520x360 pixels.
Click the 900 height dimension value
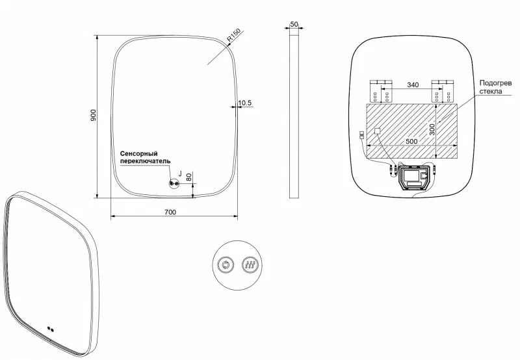[x=93, y=115]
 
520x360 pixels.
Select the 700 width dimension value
[x=170, y=212]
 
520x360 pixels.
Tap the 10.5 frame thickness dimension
[x=245, y=103]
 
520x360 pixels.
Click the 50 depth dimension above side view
[x=294, y=24]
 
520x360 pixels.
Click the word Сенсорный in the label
[x=140, y=153]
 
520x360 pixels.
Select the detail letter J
[x=179, y=173]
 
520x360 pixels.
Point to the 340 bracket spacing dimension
[x=412, y=84]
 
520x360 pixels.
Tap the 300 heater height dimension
[x=432, y=130]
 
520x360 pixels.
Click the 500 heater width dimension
[x=412, y=141]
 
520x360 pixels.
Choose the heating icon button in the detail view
[x=250, y=264]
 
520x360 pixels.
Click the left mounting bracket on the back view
[x=380, y=92]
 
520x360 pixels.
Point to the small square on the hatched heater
[x=376, y=131]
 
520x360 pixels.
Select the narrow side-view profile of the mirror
[x=294, y=114]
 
